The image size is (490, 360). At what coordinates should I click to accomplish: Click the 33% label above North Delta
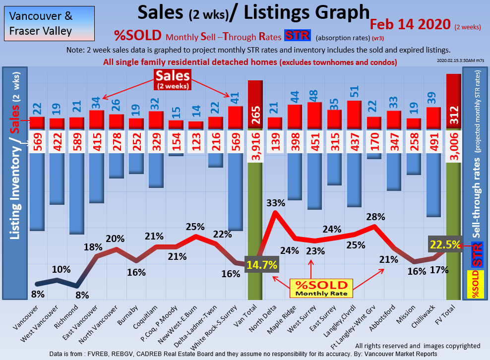tap(275, 203)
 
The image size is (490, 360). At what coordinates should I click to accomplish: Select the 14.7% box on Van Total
tap(261, 264)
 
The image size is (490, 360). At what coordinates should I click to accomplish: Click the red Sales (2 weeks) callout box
tap(173, 79)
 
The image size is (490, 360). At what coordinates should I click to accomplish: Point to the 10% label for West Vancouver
tap(62, 270)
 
